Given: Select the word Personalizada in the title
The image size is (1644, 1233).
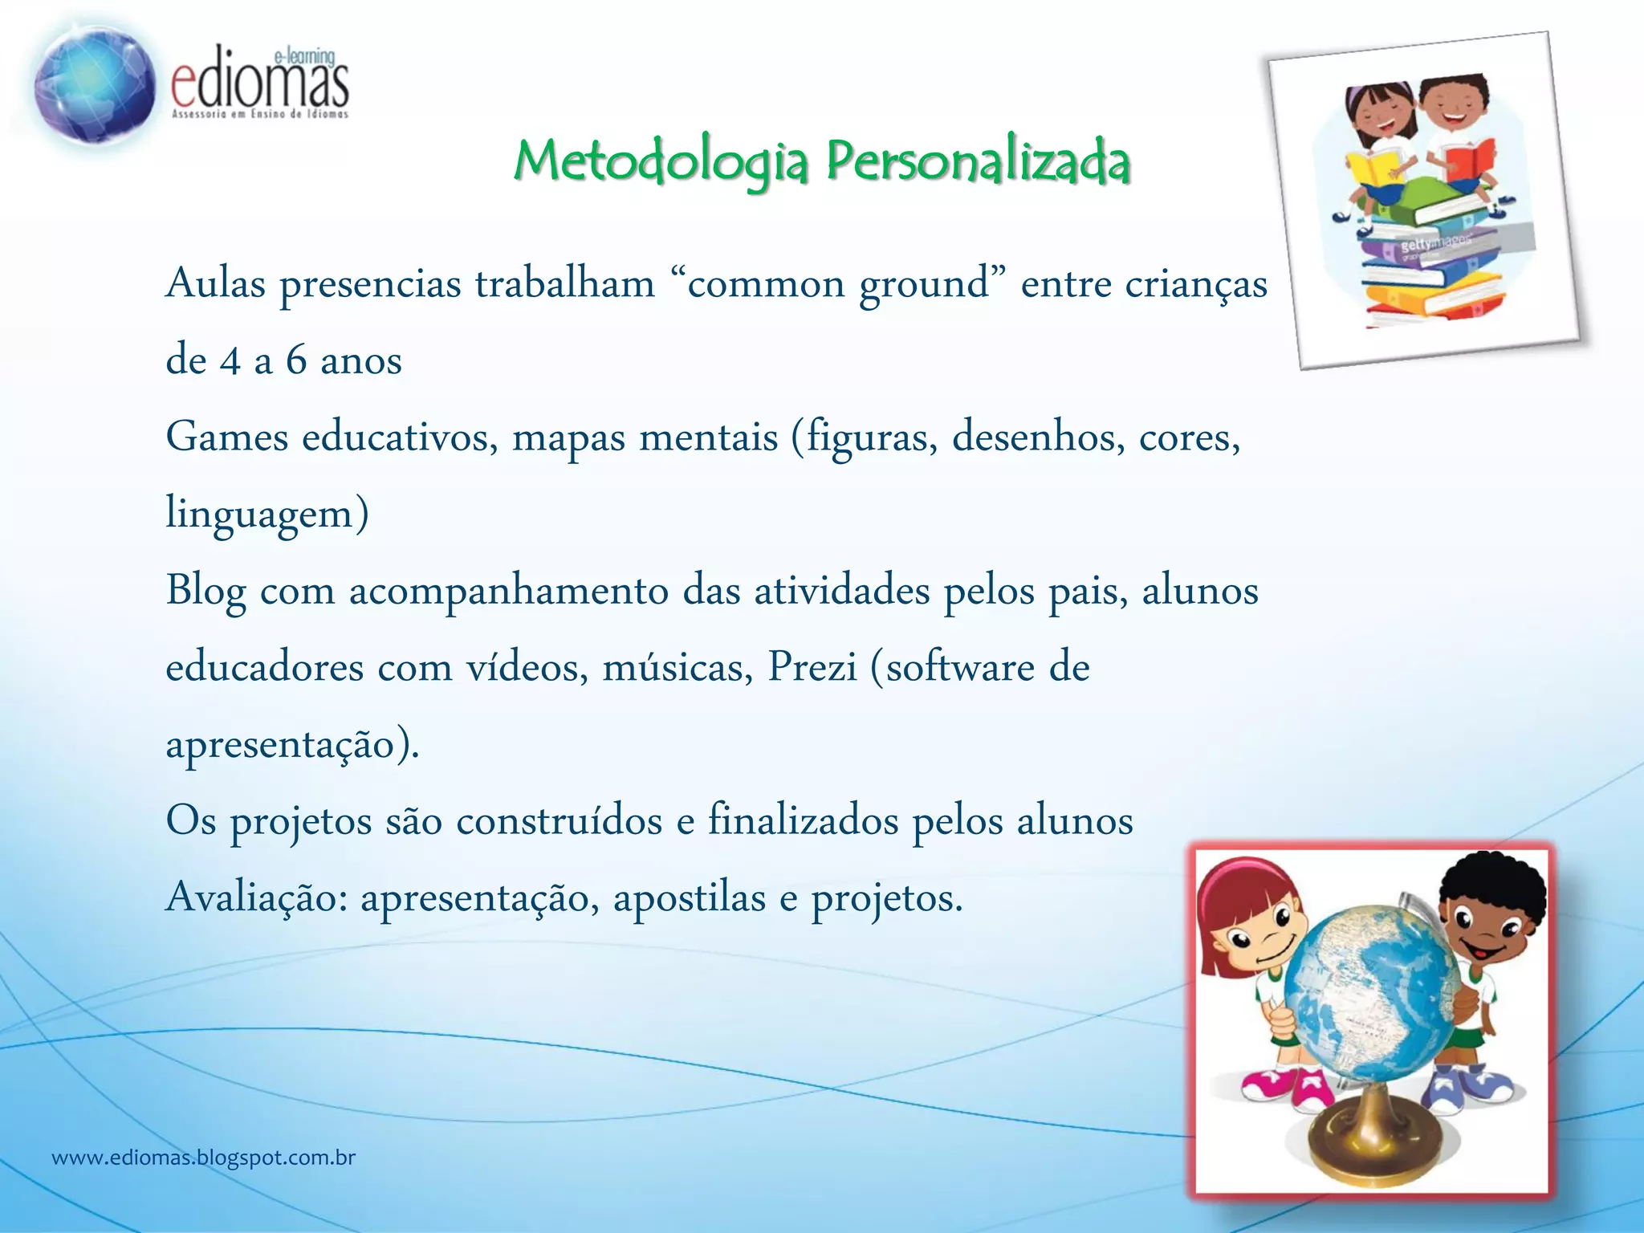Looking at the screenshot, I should tap(979, 162).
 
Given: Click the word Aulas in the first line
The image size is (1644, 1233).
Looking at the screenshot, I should tap(215, 284).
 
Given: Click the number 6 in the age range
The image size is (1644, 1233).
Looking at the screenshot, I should tap(296, 360).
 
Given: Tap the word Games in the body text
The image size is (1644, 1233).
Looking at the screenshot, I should tap(226, 437).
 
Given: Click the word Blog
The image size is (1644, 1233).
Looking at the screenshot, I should tap(205, 592).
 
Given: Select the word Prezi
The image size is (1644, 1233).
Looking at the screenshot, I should tap(812, 667).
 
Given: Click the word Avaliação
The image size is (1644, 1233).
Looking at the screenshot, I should tap(256, 897).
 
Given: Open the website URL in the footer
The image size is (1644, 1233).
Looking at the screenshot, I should tap(203, 1158).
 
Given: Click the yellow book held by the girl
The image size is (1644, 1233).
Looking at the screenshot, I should tap(1372, 171).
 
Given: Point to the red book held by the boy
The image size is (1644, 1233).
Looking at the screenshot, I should tap(1471, 158).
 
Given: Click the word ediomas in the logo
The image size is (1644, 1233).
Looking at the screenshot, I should tap(260, 87).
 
